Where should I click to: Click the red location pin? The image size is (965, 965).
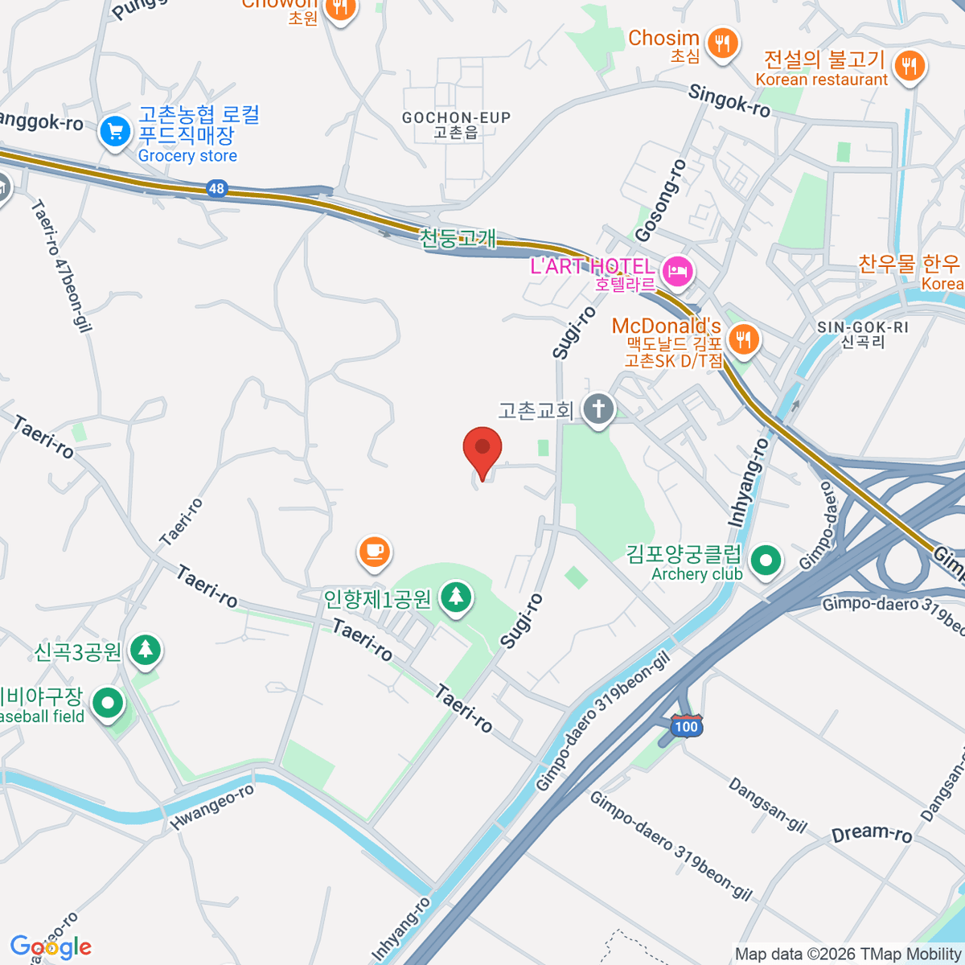(482, 449)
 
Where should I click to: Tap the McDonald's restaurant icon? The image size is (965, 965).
(745, 339)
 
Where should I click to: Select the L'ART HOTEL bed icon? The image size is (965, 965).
(678, 269)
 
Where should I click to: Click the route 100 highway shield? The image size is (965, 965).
(687, 726)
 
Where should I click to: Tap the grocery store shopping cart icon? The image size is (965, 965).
(115, 132)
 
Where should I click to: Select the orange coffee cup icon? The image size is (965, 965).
(374, 552)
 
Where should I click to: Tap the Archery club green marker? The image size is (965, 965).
(766, 560)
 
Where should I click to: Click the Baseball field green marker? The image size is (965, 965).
(107, 704)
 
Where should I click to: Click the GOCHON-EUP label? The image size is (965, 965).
(456, 118)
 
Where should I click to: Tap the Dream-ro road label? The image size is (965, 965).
(872, 834)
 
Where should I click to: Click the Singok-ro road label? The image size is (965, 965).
(729, 101)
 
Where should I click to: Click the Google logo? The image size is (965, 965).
(51, 947)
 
